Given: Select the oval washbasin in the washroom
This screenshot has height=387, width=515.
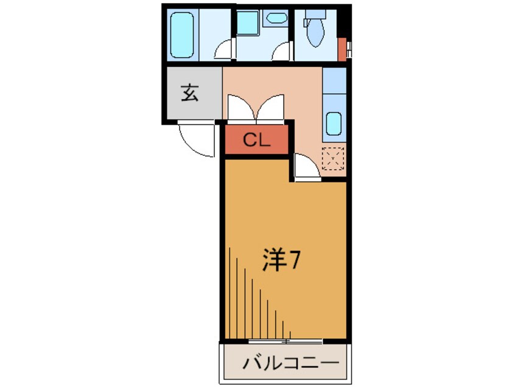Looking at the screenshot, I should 278,18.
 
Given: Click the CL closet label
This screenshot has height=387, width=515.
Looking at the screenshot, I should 256,141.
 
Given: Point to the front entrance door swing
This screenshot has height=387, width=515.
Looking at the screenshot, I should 196,138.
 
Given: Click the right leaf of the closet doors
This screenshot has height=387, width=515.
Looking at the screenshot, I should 272,108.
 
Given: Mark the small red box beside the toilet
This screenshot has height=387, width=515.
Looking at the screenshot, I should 342,46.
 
